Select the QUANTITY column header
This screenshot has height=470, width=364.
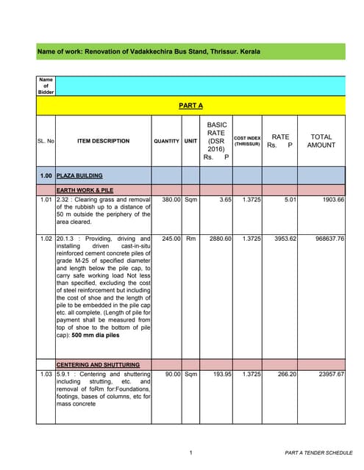pyautogui.click(x=166, y=141)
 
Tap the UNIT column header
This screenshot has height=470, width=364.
pyautogui.click(x=190, y=141)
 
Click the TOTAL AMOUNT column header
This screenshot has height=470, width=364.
pyautogui.click(x=321, y=141)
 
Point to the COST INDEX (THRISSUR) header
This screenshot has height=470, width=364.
pyautogui.click(x=247, y=141)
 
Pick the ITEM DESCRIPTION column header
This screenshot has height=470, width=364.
pyautogui.click(x=102, y=141)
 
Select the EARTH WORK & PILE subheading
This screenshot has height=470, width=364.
pyautogui.click(x=82, y=190)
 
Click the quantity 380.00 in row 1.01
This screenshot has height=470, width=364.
pyautogui.click(x=168, y=199)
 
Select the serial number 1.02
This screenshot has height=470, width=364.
pyautogui.click(x=46, y=239)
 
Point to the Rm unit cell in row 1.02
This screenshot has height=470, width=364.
pyautogui.click(x=190, y=239)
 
